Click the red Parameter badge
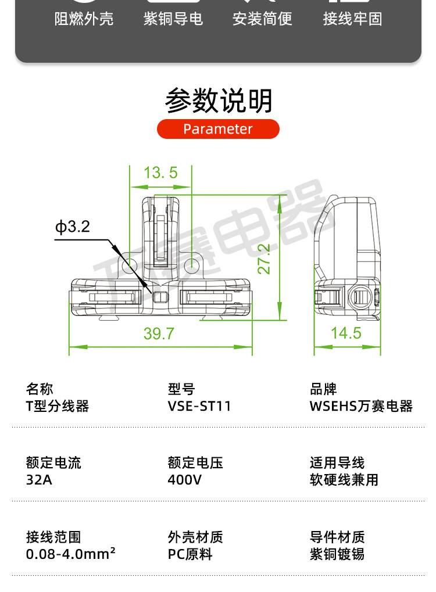tap(218, 129)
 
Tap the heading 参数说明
tap(219, 101)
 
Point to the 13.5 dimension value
tap(160, 173)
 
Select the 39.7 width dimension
tap(159, 333)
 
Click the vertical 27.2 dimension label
tap(264, 259)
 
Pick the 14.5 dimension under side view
tap(346, 333)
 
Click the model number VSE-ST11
tap(199, 406)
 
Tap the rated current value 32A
tap(39, 480)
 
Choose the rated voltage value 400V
tap(184, 480)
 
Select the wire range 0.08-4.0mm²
tap(70, 554)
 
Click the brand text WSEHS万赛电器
tap(361, 406)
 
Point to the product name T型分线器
tap(58, 406)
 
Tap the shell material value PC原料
tap(190, 554)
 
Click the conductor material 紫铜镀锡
tap(337, 554)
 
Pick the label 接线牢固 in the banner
tap(352, 19)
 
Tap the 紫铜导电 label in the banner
tap(173, 19)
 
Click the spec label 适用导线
tap(337, 463)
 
